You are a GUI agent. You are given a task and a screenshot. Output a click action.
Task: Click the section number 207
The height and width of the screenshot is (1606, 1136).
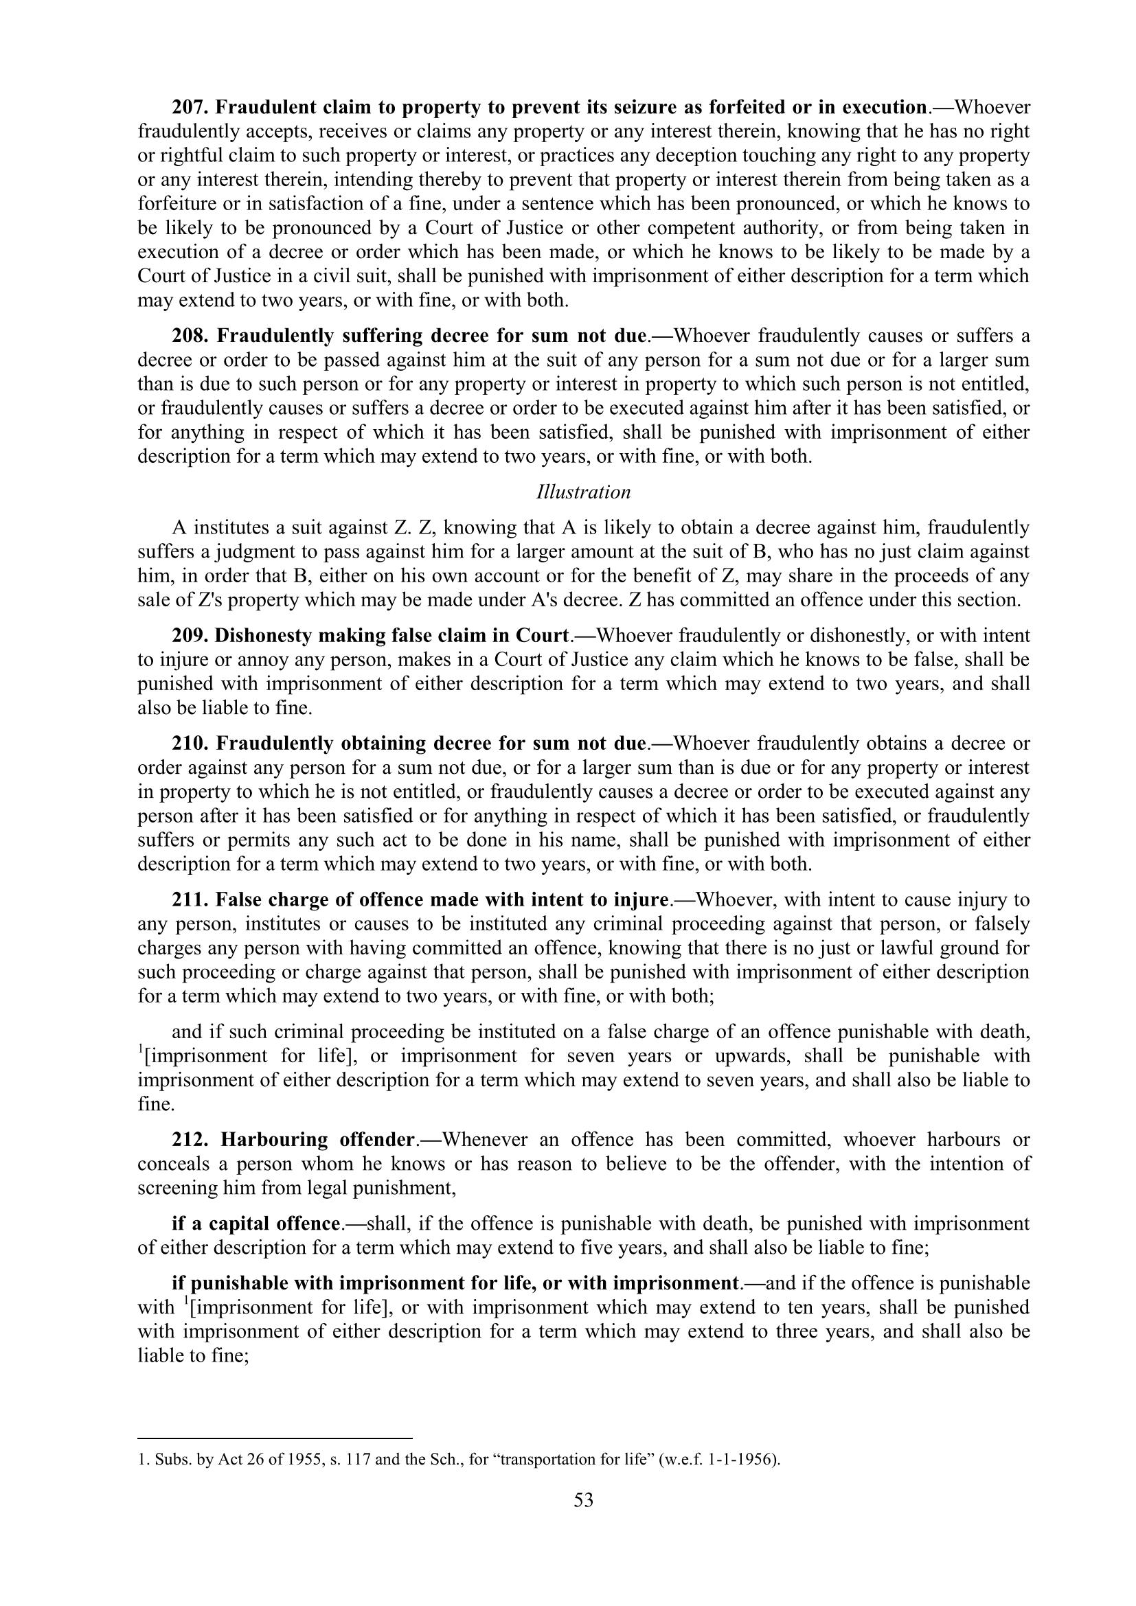[x=189, y=108]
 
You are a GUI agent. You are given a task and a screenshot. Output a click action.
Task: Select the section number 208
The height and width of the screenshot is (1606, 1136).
[x=189, y=336]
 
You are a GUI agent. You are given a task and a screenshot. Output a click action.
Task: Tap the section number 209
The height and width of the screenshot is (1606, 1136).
[x=189, y=636]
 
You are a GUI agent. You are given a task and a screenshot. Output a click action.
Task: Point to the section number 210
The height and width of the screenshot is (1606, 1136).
[x=189, y=743]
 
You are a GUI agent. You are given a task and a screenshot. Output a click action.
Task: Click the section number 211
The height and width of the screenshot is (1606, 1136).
[x=189, y=899]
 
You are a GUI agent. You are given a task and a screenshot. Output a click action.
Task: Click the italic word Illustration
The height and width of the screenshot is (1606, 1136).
[x=583, y=492]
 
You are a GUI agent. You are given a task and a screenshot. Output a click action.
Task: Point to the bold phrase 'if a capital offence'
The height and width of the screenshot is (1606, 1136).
[x=256, y=1224]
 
